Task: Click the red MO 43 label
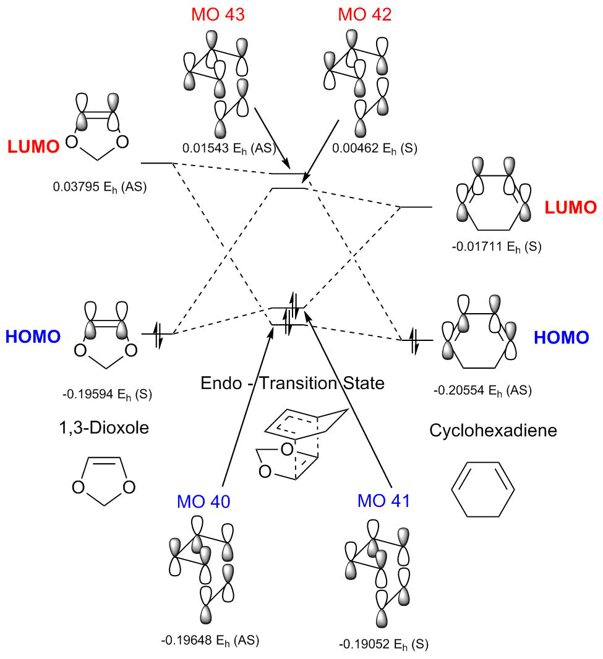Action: coord(218,14)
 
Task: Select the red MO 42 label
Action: coord(364,14)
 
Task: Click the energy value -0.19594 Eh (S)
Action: coord(108,393)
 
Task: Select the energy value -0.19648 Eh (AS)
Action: coord(210,640)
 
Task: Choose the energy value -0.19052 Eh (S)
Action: coord(383,644)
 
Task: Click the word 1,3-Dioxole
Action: coord(106,427)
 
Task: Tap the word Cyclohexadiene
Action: coord(493,430)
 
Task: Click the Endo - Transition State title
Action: coord(293,383)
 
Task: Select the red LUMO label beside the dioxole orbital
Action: coord(33,146)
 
